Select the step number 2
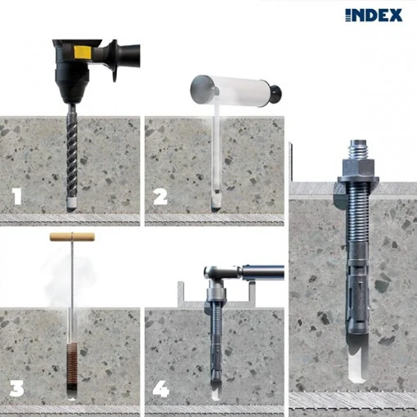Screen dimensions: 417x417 159,197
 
